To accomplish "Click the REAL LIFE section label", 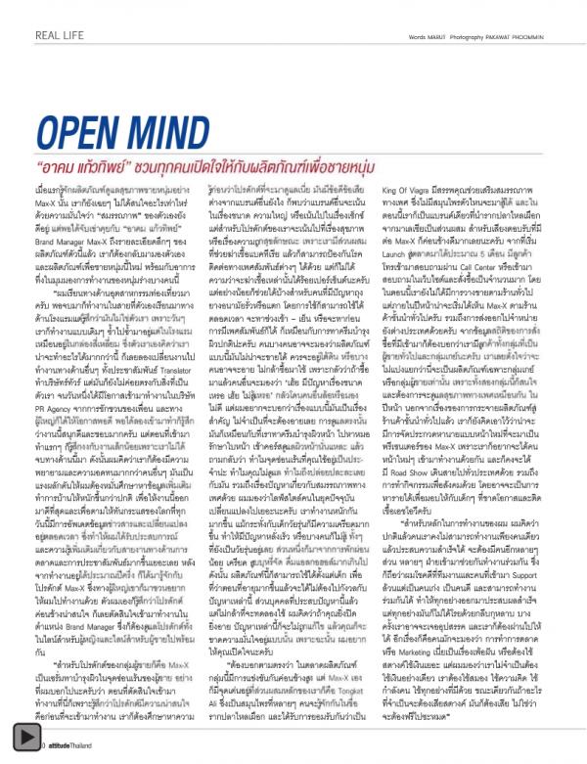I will pos(60,38).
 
